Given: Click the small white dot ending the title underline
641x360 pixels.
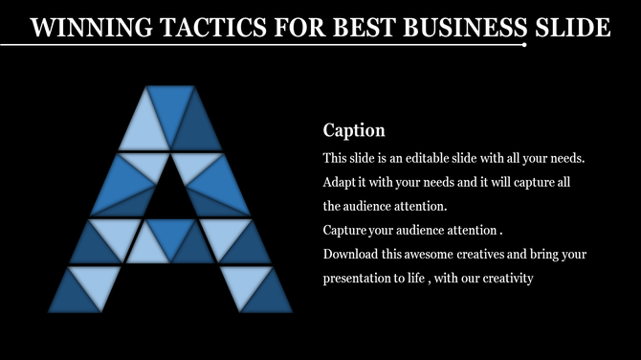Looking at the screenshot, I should coord(525,44).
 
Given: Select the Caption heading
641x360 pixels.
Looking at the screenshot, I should coord(353,130).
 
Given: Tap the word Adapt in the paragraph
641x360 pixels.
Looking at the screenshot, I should coord(341,181).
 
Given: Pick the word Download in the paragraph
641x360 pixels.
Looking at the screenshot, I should coord(351,255).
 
